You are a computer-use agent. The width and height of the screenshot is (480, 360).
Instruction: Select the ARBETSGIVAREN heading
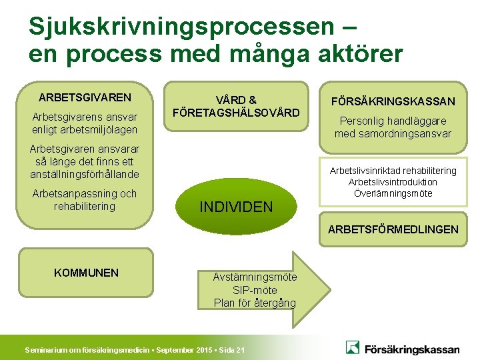pyautogui.click(x=85, y=97)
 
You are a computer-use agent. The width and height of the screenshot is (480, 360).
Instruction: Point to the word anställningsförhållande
pyautogui.click(x=85, y=175)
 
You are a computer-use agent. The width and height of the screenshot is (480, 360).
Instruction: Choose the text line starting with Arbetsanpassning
pyautogui.click(x=85, y=194)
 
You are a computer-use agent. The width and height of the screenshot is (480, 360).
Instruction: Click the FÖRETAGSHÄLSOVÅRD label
pyautogui.click(x=236, y=113)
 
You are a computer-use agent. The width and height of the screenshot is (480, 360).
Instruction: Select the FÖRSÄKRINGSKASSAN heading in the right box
pyautogui.click(x=393, y=101)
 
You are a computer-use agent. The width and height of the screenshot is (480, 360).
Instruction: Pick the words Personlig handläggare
pyautogui.click(x=393, y=121)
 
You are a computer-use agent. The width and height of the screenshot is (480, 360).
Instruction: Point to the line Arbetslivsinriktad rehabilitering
pyautogui.click(x=393, y=171)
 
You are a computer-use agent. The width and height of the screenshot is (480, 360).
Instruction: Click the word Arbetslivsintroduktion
pyautogui.click(x=393, y=182)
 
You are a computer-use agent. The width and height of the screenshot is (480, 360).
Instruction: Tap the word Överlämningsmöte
pyautogui.click(x=393, y=193)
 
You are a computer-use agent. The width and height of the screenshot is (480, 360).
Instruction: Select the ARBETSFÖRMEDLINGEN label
pyautogui.click(x=393, y=229)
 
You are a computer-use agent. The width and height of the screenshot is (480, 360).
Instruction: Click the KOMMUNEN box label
pyautogui.click(x=86, y=273)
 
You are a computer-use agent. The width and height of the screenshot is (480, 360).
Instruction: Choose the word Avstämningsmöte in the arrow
pyautogui.click(x=255, y=277)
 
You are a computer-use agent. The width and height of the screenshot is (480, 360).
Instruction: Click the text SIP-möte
pyautogui.click(x=255, y=290)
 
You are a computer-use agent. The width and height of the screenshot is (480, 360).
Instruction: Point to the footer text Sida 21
pyautogui.click(x=231, y=350)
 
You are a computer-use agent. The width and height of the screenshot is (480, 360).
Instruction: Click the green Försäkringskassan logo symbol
pyautogui.click(x=353, y=347)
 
